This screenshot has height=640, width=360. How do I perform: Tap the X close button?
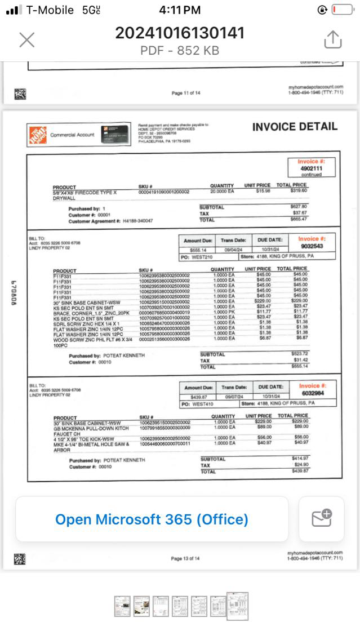27,39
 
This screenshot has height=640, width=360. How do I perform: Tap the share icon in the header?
333,39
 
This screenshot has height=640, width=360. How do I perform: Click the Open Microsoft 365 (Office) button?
152,519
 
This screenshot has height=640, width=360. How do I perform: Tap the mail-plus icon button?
321,519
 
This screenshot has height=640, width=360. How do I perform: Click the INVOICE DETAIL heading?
295,127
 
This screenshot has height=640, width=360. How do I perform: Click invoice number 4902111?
311,168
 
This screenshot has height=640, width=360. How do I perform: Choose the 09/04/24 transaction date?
233,249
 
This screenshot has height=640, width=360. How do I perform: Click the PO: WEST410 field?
195,404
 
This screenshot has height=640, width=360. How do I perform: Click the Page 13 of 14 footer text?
185,558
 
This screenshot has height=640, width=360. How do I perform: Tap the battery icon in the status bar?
342,10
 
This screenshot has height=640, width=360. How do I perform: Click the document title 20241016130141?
180,33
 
